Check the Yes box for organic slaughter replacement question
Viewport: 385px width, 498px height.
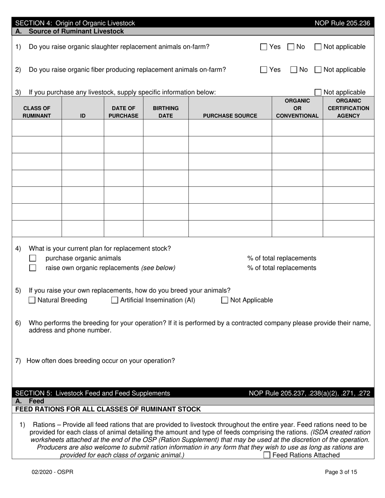264,47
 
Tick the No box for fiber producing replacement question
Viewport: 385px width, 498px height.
295,70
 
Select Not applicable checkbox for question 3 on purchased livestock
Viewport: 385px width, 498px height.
318,92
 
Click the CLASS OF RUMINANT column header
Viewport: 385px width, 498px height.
37,112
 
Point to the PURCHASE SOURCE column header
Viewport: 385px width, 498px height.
230,116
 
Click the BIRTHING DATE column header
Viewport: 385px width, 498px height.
165,112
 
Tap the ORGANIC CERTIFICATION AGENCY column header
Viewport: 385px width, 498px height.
348,108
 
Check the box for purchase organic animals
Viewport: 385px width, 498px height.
33,258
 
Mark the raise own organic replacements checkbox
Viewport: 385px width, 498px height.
33,268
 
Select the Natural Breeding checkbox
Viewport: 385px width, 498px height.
32,300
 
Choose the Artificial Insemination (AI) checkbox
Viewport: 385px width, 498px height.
115,300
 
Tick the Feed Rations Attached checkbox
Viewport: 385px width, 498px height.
267,455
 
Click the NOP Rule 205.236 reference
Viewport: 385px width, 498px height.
342,23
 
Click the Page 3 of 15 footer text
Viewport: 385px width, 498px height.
341,472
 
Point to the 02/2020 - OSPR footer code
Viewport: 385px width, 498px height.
53,472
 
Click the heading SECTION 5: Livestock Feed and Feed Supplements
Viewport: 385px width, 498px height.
92,393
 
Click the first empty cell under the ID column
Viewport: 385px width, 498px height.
83,128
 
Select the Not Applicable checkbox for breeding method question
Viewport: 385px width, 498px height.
225,300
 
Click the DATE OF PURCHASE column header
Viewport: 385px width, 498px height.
123,112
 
